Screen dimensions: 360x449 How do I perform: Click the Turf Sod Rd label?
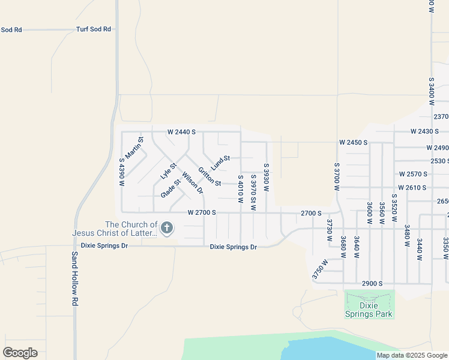[94, 29]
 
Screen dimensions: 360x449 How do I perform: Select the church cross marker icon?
[167, 228]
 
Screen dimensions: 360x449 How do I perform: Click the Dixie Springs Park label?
[369, 309]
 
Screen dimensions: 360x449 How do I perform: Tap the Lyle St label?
[168, 171]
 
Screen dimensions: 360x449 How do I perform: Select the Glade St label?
[170, 188]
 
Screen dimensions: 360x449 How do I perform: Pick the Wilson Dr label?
[193, 183]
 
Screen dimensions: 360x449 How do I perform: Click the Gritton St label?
[210, 176]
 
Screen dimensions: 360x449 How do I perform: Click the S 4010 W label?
[240, 188]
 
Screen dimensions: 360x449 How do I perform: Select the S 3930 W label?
[266, 176]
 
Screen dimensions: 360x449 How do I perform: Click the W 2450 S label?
[353, 143]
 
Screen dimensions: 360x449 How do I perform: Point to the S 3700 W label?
[337, 176]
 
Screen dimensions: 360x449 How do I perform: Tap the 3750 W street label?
[321, 269]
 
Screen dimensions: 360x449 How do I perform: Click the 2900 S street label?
[372, 283]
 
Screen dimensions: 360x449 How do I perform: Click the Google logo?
[20, 352]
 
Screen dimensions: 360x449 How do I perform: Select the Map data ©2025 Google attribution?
[412, 355]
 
